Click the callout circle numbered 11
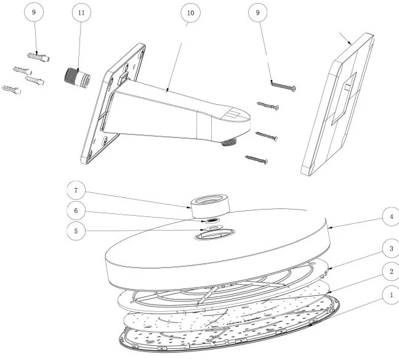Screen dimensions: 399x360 (81, 12)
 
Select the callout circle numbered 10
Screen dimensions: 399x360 (191, 13)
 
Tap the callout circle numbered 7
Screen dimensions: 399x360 (76, 190)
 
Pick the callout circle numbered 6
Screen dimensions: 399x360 (76, 211)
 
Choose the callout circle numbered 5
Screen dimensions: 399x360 (76, 231)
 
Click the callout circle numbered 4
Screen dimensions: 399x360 (391, 216)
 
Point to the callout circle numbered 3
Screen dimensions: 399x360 (391, 248)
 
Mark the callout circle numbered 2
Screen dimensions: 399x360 (391, 272)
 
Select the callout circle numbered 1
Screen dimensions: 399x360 (391, 295)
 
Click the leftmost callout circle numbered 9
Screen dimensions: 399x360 (34, 12)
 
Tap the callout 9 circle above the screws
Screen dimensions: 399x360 (258, 12)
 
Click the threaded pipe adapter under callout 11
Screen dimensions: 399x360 (76, 77)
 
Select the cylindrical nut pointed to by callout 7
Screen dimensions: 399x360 (211, 206)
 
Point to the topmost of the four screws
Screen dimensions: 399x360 (283, 86)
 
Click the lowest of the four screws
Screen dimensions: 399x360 (257, 160)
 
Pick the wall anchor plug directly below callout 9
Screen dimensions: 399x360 (38, 57)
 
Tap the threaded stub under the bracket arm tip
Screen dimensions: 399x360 (228, 142)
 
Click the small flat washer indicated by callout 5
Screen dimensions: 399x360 (212, 227)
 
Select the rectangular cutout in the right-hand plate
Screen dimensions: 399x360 (344, 99)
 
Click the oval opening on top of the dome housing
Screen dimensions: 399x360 (215, 234)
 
